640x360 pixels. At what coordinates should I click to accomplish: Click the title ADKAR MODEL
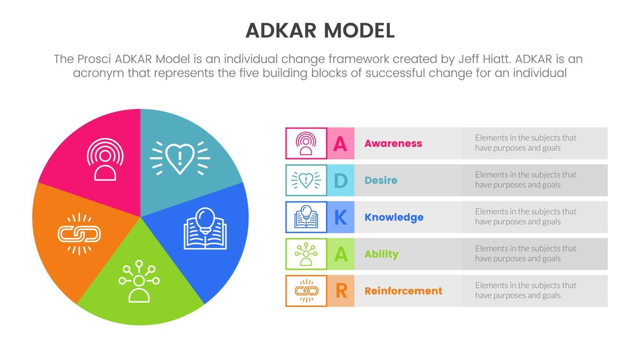(x=320, y=30)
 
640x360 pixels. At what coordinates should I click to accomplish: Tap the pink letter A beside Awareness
(x=340, y=144)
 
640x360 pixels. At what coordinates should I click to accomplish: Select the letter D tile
(x=341, y=180)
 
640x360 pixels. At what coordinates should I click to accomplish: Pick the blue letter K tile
(x=341, y=217)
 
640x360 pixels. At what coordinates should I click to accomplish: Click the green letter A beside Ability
(x=341, y=254)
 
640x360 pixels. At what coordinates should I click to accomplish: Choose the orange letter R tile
(x=341, y=291)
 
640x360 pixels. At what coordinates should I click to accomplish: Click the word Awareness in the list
(x=393, y=144)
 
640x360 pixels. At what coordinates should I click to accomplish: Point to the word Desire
(x=381, y=180)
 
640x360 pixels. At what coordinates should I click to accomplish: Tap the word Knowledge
(x=393, y=217)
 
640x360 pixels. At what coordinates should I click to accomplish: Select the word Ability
(x=381, y=254)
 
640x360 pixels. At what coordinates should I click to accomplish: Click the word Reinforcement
(x=403, y=291)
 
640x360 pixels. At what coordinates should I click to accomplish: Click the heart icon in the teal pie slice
(x=180, y=158)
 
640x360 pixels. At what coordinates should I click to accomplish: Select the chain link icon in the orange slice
(x=79, y=234)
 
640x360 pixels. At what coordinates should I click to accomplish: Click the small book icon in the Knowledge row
(x=306, y=217)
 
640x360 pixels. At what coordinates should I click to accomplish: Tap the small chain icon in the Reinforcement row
(x=306, y=291)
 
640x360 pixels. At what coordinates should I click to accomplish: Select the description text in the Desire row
(x=525, y=180)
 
